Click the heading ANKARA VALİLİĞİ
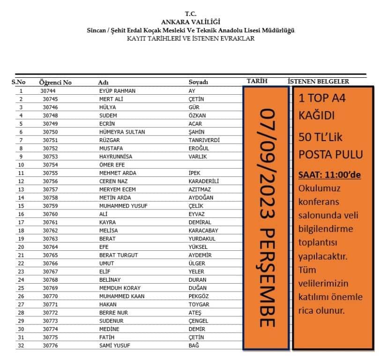click(x=190, y=22)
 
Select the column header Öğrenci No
click(x=55, y=82)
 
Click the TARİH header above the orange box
click(x=257, y=81)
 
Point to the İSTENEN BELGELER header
click(x=318, y=81)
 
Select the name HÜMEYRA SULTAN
click(x=119, y=132)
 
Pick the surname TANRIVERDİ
click(x=204, y=140)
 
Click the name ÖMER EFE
click(x=110, y=165)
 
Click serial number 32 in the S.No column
click(x=21, y=345)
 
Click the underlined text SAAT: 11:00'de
click(x=330, y=175)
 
